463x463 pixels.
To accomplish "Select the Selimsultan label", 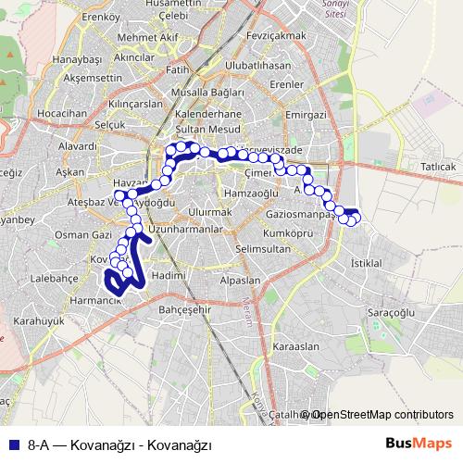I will click(263, 249).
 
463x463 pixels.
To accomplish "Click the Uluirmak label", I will click(209, 212).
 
